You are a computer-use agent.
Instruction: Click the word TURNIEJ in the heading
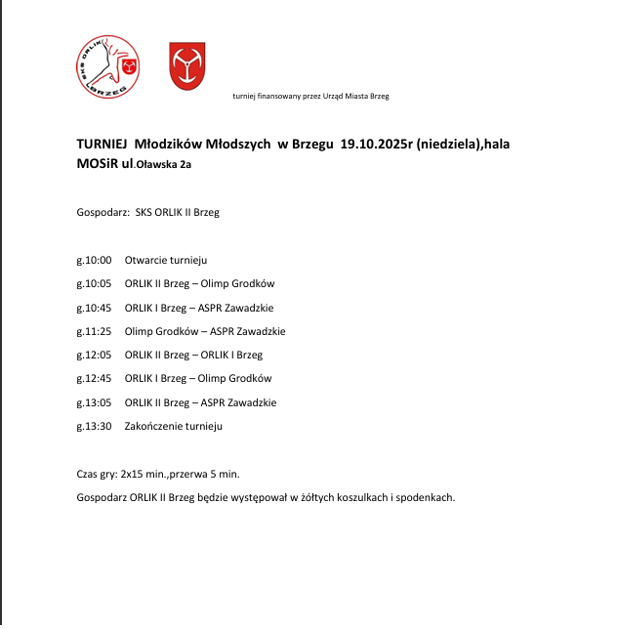point(102,144)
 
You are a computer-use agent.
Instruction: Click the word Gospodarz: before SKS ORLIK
point(102,212)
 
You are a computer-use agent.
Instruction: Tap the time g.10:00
point(94,261)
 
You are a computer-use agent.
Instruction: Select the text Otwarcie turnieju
point(165,261)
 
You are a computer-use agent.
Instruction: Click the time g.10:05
point(94,284)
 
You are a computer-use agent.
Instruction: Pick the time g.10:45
point(94,308)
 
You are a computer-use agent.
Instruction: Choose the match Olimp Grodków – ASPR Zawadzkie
point(205,331)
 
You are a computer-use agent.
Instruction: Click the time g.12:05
point(94,355)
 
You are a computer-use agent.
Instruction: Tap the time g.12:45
point(94,378)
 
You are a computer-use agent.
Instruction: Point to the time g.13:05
point(94,402)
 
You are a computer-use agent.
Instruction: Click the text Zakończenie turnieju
point(174,426)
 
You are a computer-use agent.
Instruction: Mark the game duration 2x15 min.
point(143,474)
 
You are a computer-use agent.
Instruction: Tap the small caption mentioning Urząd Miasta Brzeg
point(310,96)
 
